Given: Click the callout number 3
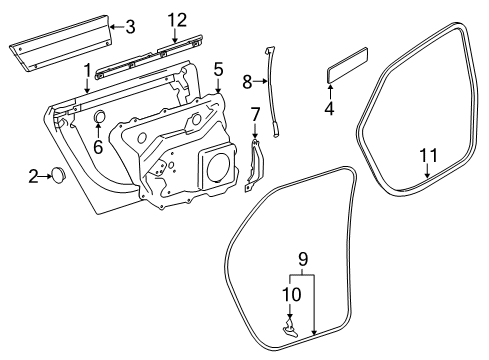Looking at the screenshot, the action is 131,27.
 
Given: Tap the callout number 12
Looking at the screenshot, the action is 177,20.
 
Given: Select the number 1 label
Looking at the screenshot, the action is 87,71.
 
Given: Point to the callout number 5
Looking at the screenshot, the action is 218,70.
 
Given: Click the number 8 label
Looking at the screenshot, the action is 247,81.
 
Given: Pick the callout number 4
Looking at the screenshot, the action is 329,108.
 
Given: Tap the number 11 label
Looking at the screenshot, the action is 428,155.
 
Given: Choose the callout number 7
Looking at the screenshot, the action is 255,115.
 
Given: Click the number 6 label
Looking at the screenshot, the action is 98,147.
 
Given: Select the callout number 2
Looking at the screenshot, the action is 33,176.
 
